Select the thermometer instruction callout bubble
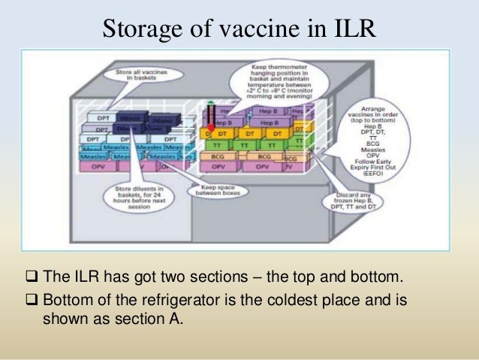(x=273, y=83)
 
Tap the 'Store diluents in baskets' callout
(x=143, y=196)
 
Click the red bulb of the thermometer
(x=211, y=129)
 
